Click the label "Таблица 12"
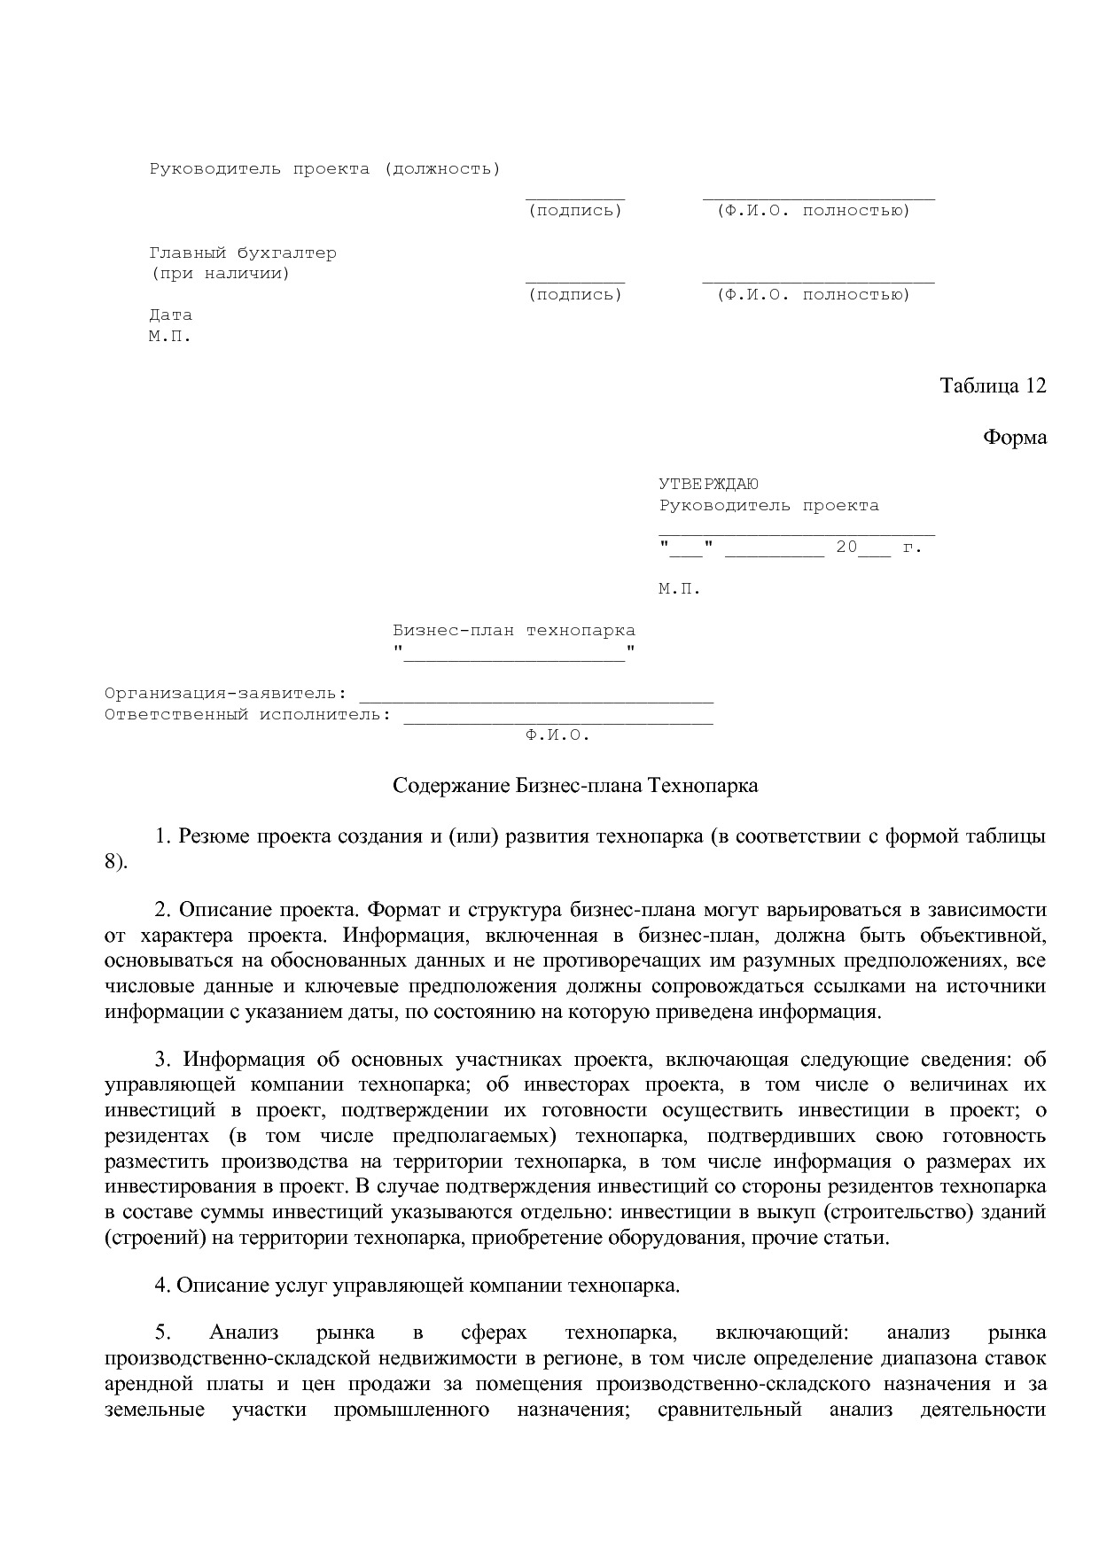pyautogui.click(x=993, y=386)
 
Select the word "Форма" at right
pyautogui.click(x=1015, y=438)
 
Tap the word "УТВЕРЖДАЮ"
pyautogui.click(x=708, y=485)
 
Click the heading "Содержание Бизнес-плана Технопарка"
pyautogui.click(x=575, y=786)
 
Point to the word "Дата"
pyautogui.click(x=170, y=315)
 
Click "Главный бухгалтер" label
pyautogui.click(x=243, y=253)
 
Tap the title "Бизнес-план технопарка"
pyautogui.click(x=514, y=631)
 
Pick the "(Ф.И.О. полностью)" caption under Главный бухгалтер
pyautogui.click(x=814, y=295)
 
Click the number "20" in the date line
pyautogui.click(x=846, y=548)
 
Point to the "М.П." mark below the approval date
pyautogui.click(x=680, y=589)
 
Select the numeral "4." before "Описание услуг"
pyautogui.click(x=162, y=1286)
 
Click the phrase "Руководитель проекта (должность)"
pyautogui.click(x=324, y=168)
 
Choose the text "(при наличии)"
pyautogui.click(x=220, y=274)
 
